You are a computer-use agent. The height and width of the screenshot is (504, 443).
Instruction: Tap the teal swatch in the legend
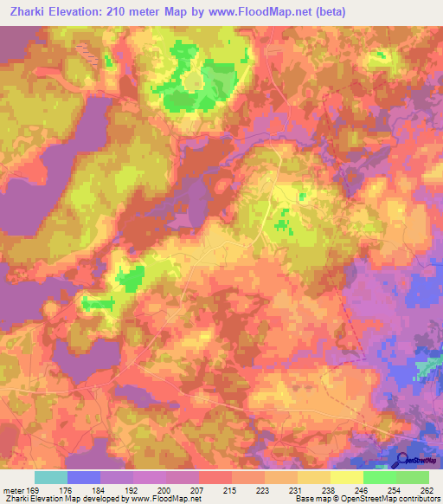51,477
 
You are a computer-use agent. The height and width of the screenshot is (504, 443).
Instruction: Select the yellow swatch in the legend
346,477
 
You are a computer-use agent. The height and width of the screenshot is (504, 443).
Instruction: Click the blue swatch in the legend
84,477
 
